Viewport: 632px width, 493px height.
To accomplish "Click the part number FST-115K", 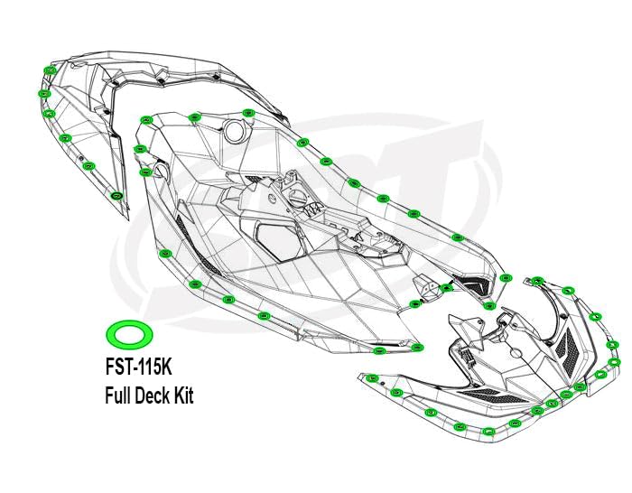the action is tap(139, 367).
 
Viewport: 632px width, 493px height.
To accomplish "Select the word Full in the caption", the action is tap(118, 395).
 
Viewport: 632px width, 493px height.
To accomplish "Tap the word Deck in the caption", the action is tap(153, 395).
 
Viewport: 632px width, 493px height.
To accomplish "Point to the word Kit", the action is tap(183, 395).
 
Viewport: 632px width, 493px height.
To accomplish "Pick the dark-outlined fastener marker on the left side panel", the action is tap(116, 196).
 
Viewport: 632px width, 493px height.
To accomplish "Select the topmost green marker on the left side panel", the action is tap(51, 70).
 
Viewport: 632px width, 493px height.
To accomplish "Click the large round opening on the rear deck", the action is tap(235, 131).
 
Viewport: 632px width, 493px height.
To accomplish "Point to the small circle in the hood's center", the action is tap(516, 352).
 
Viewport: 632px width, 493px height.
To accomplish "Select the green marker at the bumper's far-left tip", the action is tap(371, 378).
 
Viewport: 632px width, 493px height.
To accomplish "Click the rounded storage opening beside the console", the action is tap(277, 241).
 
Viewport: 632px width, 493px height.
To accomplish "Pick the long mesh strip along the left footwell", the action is tap(198, 245).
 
